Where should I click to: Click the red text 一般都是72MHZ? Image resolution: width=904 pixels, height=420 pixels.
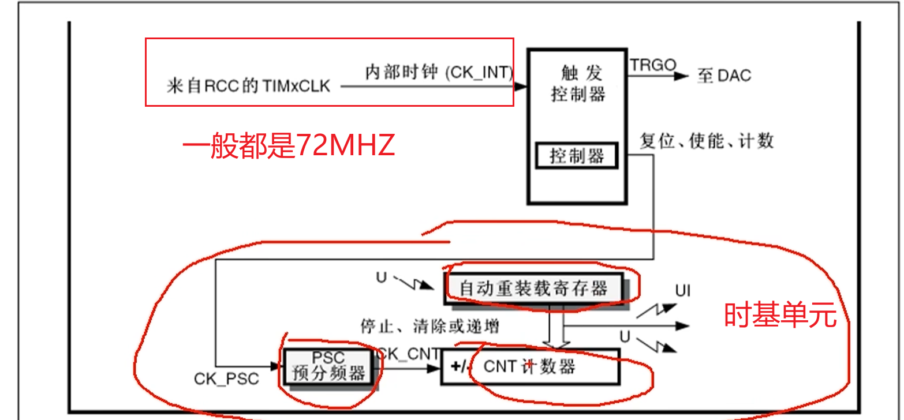289,146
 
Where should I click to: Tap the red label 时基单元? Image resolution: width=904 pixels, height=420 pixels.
780,316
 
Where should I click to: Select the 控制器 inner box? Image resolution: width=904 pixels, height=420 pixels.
577,156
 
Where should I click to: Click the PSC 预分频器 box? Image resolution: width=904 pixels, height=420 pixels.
330,366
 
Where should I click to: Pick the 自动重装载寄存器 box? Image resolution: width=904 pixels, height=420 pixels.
534,288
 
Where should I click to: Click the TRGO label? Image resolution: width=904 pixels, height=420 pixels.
652,65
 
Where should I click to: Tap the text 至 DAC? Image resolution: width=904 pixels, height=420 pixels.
724,76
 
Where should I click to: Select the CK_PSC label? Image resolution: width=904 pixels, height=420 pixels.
226,379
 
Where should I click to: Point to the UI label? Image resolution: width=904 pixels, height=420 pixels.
683,290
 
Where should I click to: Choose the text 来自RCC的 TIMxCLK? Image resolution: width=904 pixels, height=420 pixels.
248,87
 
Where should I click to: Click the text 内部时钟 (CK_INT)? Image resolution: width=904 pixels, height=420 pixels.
439,73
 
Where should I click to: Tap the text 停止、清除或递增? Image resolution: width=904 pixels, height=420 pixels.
429,327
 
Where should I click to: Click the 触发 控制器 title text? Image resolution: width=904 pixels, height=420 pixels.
577,83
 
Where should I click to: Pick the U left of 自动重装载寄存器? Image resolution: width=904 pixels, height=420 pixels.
381,278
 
